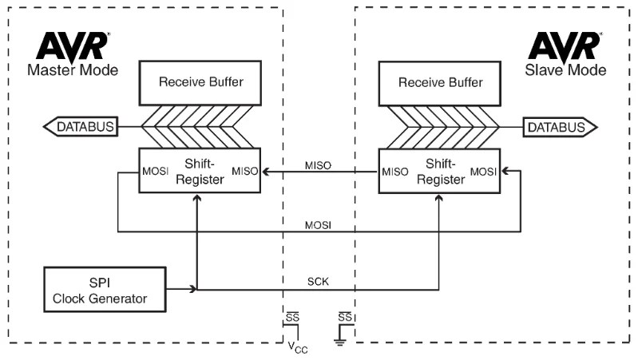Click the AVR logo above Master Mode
pyautogui.click(x=71, y=45)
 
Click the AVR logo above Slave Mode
pyautogui.click(x=565, y=45)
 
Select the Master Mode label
pyautogui.click(x=73, y=70)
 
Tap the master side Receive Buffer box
pyautogui.click(x=200, y=82)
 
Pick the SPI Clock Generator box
pyautogui.click(x=106, y=289)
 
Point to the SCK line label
pyautogui.click(x=319, y=282)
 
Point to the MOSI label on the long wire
pyautogui.click(x=319, y=226)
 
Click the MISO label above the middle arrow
pyautogui.click(x=319, y=164)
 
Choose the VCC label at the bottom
pyautogui.click(x=296, y=348)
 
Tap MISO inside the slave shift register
pyautogui.click(x=398, y=171)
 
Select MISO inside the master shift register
pyautogui.click(x=245, y=171)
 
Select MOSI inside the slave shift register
pyautogui.click(x=485, y=171)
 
